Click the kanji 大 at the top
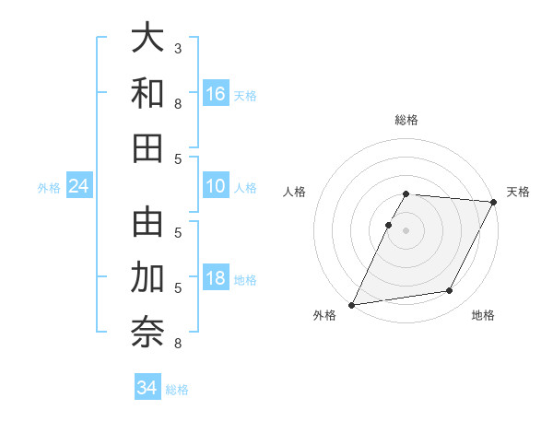coord(147,39)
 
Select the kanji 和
coord(147,94)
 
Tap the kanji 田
coord(147,148)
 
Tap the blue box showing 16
coord(216,93)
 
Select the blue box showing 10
coord(216,186)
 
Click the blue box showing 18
coord(216,279)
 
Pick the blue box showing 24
coord(79,187)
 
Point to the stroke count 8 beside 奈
coord(178,344)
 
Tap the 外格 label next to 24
coord(49,188)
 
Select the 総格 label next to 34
coord(177,390)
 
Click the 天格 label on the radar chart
coord(518,192)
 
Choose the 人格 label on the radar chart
coord(295,192)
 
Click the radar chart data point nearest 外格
coord(351,305)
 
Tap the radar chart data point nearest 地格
coord(450,291)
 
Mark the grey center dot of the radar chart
coord(406,230)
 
